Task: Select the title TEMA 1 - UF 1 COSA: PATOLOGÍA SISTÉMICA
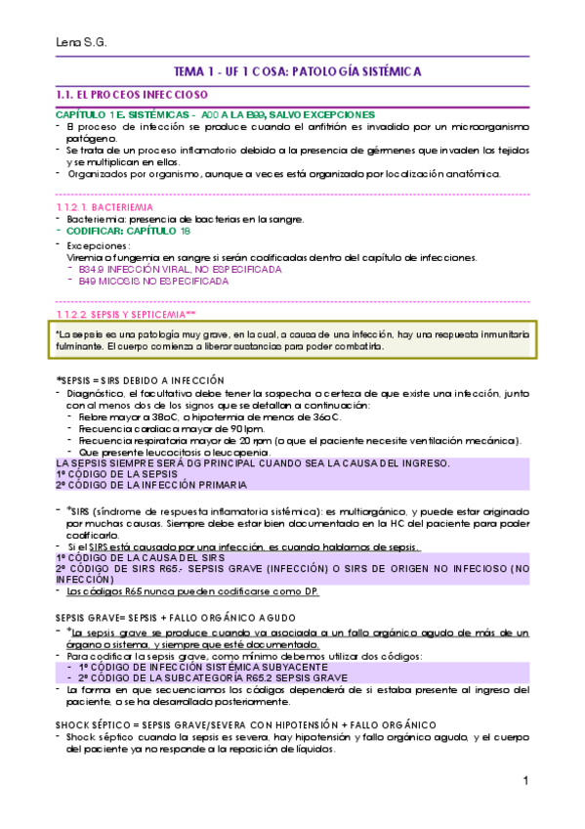click(x=297, y=72)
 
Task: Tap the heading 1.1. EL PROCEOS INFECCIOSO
click(x=133, y=96)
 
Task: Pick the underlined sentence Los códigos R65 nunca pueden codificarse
click(x=192, y=591)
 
